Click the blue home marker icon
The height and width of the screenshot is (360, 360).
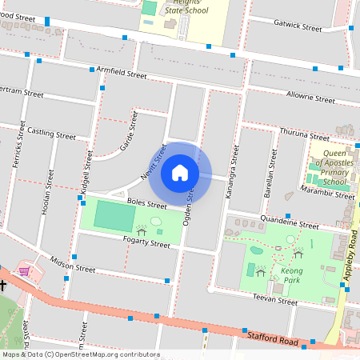coord(180,172)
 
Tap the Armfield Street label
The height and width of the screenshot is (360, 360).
coord(121,73)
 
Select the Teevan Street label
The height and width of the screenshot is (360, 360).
coord(274,299)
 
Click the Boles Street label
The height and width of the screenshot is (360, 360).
coord(124,203)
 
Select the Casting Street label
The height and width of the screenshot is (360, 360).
coord(51,132)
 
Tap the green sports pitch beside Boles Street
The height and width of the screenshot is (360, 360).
coord(116,216)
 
